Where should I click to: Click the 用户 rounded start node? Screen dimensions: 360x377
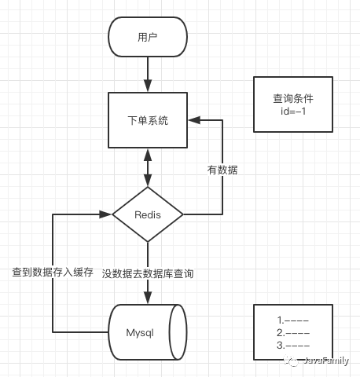tap(148, 37)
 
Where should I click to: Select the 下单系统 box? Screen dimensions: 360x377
tap(148, 120)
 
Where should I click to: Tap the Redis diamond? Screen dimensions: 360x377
tap(148, 214)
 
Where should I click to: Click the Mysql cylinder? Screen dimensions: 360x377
tap(148, 332)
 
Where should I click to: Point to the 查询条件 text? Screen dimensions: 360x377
tap(293, 99)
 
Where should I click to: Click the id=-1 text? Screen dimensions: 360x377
tap(293, 112)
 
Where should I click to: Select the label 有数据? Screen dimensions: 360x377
tap(222, 170)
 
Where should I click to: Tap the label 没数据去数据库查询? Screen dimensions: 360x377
tap(148, 273)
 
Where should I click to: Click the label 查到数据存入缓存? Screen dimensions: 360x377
tap(53, 273)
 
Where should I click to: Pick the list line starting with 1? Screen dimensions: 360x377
tap(293, 320)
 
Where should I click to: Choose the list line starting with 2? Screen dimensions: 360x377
tap(293, 333)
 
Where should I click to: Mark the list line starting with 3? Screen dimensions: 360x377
tap(293, 346)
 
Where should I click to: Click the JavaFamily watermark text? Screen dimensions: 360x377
tap(326, 361)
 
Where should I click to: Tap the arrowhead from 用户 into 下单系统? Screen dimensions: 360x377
tap(148, 86)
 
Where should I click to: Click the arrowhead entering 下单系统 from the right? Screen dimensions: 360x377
tap(194, 120)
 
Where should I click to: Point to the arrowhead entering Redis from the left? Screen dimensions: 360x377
tap(106, 214)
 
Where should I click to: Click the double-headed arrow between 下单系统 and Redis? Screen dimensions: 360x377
tap(148, 167)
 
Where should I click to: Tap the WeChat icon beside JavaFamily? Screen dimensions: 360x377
tap(291, 361)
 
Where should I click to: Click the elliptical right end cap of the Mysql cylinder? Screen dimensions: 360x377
tap(178, 332)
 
